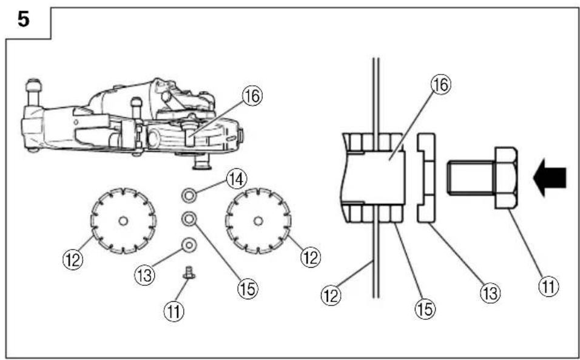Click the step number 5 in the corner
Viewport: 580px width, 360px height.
(x=23, y=19)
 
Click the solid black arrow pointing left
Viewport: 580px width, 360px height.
(x=550, y=177)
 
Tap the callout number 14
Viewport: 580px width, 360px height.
(x=236, y=180)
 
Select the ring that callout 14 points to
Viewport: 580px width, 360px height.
(x=189, y=195)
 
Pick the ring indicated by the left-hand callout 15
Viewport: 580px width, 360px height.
(x=189, y=219)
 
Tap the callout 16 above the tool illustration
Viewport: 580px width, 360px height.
(x=252, y=96)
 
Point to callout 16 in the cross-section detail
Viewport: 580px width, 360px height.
(x=441, y=85)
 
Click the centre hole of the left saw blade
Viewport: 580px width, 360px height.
(x=123, y=221)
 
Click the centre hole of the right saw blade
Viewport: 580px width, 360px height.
(x=258, y=221)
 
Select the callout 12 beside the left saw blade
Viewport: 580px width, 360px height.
(x=73, y=259)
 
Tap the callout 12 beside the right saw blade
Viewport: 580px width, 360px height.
(x=311, y=257)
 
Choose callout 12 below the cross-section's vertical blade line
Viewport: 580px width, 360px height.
(x=331, y=296)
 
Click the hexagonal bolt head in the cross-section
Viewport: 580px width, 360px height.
(x=506, y=178)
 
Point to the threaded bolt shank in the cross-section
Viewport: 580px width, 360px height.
(x=470, y=178)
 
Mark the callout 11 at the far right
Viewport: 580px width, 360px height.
(x=549, y=286)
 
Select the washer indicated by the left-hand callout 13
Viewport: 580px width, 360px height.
(x=189, y=245)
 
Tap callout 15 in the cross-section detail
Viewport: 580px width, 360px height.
(x=425, y=309)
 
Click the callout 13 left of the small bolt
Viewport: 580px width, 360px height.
(x=144, y=275)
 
